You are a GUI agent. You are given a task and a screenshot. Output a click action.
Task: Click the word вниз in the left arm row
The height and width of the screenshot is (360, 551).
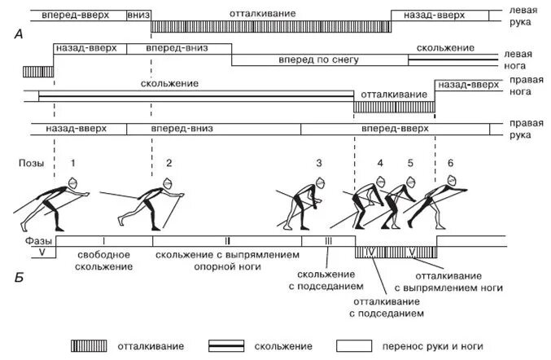(138, 15)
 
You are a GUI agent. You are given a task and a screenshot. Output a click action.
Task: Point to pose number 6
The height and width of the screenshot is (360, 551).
(451, 163)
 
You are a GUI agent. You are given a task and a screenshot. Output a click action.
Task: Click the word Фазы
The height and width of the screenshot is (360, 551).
(32, 241)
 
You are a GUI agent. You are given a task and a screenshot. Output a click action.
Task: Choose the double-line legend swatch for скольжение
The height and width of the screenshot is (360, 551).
(228, 346)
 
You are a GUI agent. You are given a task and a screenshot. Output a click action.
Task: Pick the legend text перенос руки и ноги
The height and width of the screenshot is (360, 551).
(436, 346)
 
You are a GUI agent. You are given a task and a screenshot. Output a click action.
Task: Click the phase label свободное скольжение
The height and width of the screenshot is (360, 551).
(104, 261)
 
